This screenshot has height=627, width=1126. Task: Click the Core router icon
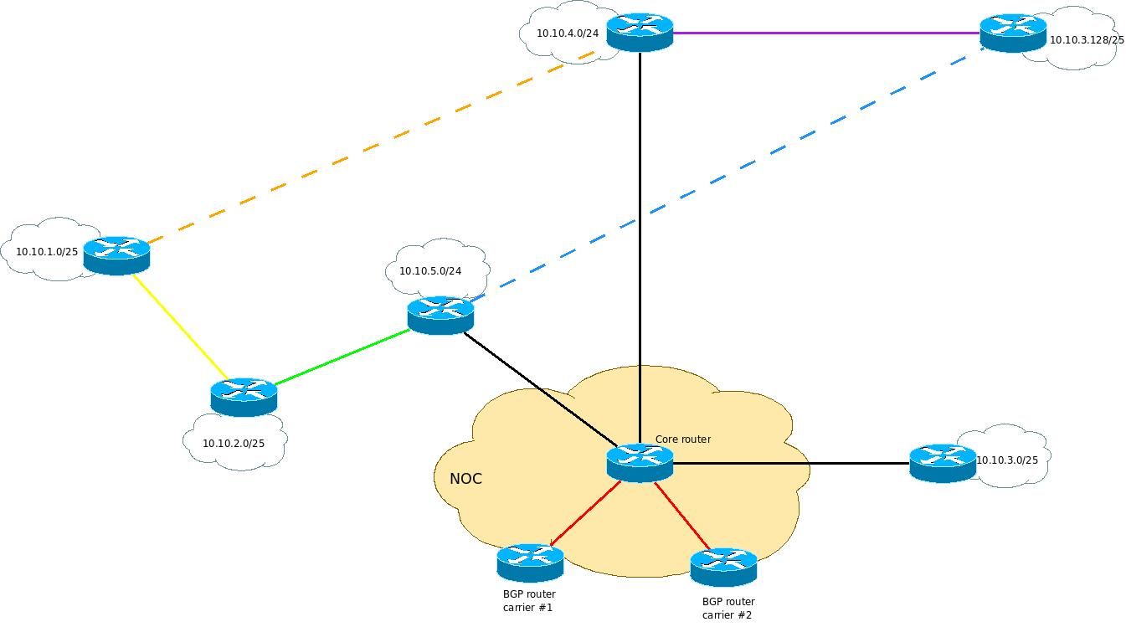(x=640, y=463)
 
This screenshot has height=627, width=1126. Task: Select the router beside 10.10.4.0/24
(x=640, y=33)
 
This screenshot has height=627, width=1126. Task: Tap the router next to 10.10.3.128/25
(x=1013, y=33)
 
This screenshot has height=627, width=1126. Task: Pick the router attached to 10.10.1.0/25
(x=116, y=255)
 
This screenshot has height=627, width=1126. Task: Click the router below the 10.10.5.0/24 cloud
(x=440, y=315)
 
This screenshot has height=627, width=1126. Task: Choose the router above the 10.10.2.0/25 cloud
(x=244, y=397)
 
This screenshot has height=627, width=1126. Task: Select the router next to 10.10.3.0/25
(x=943, y=463)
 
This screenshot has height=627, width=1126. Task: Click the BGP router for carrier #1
(x=530, y=563)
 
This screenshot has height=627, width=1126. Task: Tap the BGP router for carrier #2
(x=723, y=567)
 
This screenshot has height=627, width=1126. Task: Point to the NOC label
(x=465, y=479)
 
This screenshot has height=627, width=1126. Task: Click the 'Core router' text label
(x=682, y=439)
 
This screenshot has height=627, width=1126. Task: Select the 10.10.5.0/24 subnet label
(x=430, y=271)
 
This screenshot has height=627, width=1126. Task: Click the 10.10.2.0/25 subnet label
(x=234, y=444)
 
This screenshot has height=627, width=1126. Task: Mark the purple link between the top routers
(x=826, y=33)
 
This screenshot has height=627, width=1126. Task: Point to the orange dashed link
(x=368, y=149)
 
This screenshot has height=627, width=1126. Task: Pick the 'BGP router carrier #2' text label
(x=728, y=609)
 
